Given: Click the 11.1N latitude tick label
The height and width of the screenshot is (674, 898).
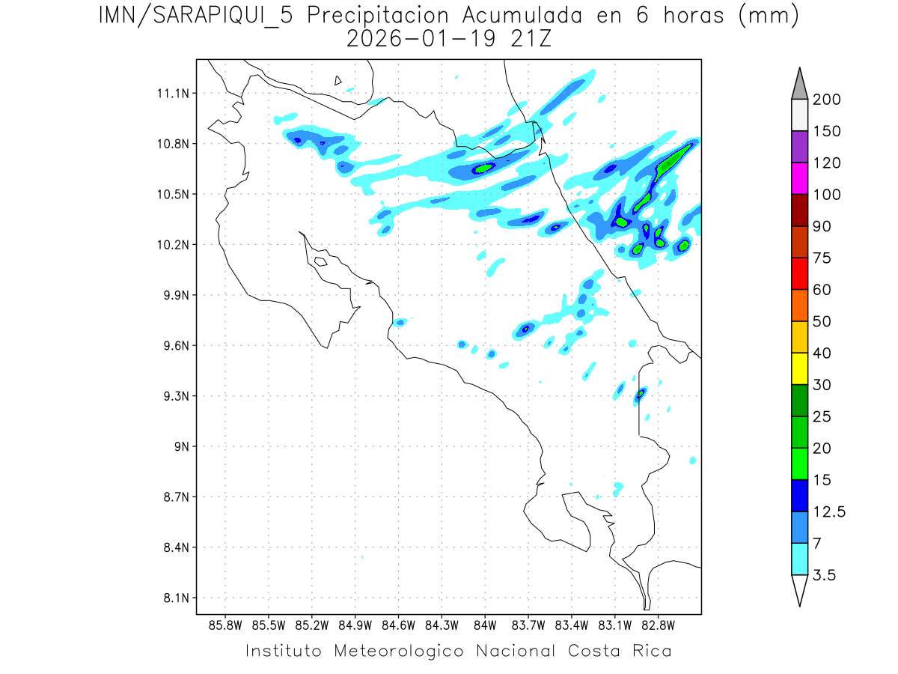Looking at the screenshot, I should [x=171, y=94].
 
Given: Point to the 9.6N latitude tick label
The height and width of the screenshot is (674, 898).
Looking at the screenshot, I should [x=171, y=346].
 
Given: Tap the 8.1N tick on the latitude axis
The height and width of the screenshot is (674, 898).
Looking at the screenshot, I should [x=171, y=598].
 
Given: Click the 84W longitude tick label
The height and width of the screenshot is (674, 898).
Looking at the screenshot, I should [x=485, y=625].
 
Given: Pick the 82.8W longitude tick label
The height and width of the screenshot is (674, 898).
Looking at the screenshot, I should [x=658, y=625].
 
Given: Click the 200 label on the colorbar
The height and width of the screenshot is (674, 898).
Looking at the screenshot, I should [x=826, y=100].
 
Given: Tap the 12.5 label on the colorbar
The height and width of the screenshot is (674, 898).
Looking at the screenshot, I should [x=829, y=511].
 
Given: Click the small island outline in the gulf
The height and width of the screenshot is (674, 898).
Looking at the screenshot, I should [x=320, y=261].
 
